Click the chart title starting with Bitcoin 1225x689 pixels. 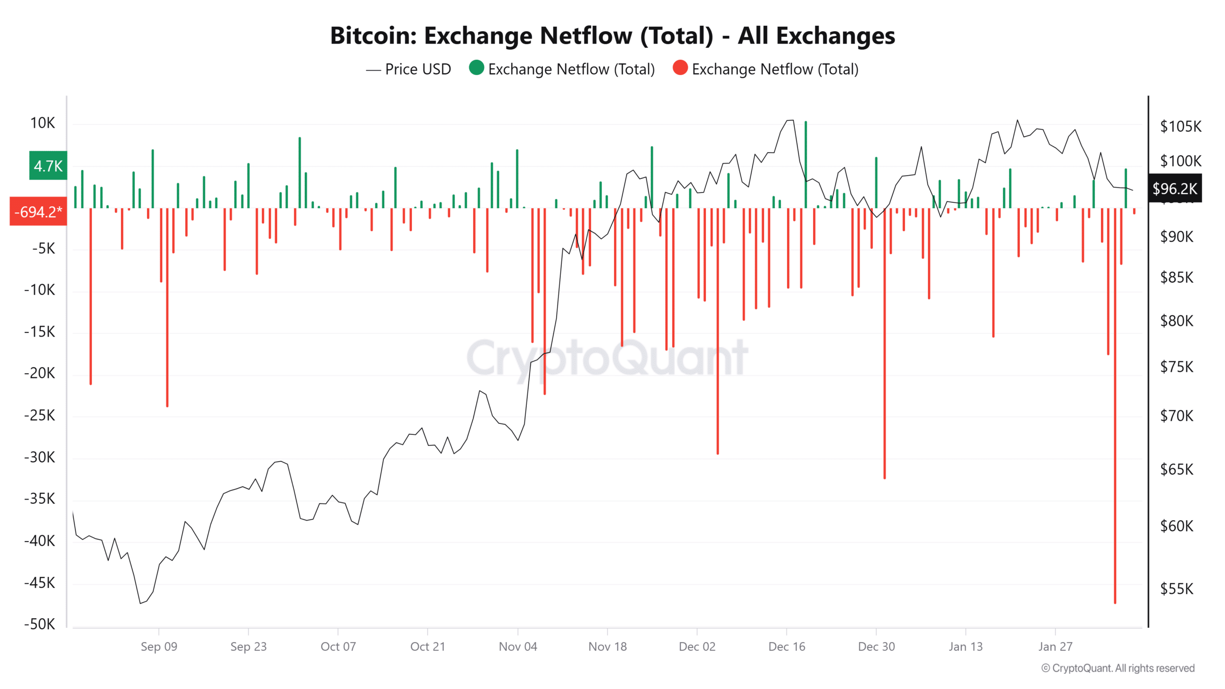coord(612,35)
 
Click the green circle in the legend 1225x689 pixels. coord(476,68)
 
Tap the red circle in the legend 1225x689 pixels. coord(680,68)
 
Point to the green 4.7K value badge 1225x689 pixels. coord(48,166)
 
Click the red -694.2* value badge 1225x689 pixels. coord(38,211)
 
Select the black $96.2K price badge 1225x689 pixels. coord(1174,189)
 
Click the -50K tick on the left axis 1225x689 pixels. coord(40,624)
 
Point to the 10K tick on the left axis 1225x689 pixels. coord(43,123)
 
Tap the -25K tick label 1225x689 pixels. coord(40,415)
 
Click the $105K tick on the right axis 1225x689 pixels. coord(1180,126)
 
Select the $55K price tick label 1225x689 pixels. coord(1177,589)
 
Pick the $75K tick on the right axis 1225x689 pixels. coord(1177,367)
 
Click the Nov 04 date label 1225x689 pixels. coord(518,646)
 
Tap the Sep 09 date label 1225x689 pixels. coord(159,646)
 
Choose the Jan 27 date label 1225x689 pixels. coord(1055,646)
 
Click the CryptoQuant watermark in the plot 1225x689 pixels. coord(607,357)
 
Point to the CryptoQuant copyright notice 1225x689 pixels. coord(1118,668)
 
